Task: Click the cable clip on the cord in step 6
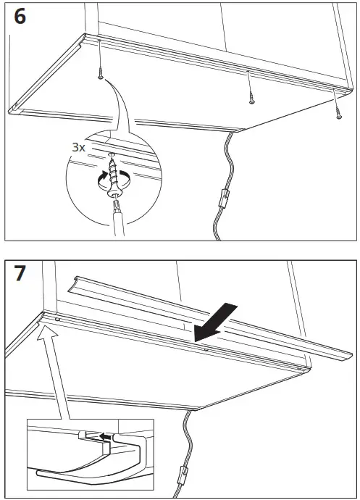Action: point(225,196)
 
